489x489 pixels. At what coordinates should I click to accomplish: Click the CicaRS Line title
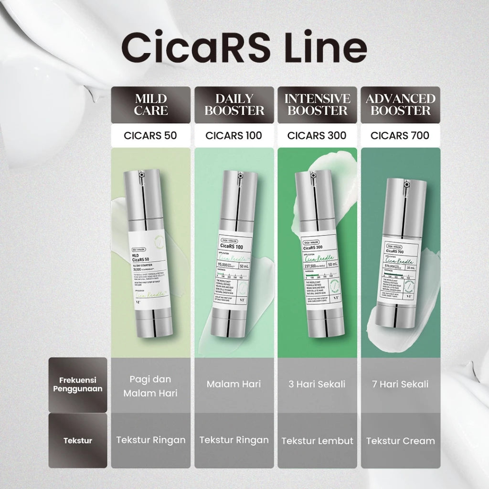[x=244, y=46]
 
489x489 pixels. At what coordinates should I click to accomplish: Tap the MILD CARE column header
[x=150, y=105]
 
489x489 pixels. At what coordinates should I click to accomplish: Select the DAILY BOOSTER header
[x=234, y=105]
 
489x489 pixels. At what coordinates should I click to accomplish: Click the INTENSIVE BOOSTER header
[x=317, y=105]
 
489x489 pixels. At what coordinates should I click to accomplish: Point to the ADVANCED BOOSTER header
[x=400, y=105]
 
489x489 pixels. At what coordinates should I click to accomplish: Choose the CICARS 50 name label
[x=150, y=135]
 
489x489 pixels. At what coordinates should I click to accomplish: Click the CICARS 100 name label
[x=234, y=135]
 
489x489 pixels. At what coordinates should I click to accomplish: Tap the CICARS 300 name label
[x=317, y=135]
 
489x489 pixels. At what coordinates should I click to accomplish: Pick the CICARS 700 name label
[x=400, y=135]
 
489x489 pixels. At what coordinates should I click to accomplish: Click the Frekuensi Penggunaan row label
[x=78, y=385]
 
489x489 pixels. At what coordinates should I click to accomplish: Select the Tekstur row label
[x=78, y=440]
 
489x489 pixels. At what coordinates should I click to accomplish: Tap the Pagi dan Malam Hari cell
[x=150, y=386]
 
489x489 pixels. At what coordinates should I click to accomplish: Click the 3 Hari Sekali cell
[x=317, y=384]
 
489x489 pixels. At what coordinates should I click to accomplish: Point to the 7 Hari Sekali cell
[x=400, y=384]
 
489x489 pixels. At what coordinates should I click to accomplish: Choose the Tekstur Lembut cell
[x=317, y=440]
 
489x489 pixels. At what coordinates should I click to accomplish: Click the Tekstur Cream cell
[x=400, y=440]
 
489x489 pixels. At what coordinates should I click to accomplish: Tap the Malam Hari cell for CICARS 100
[x=234, y=384]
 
